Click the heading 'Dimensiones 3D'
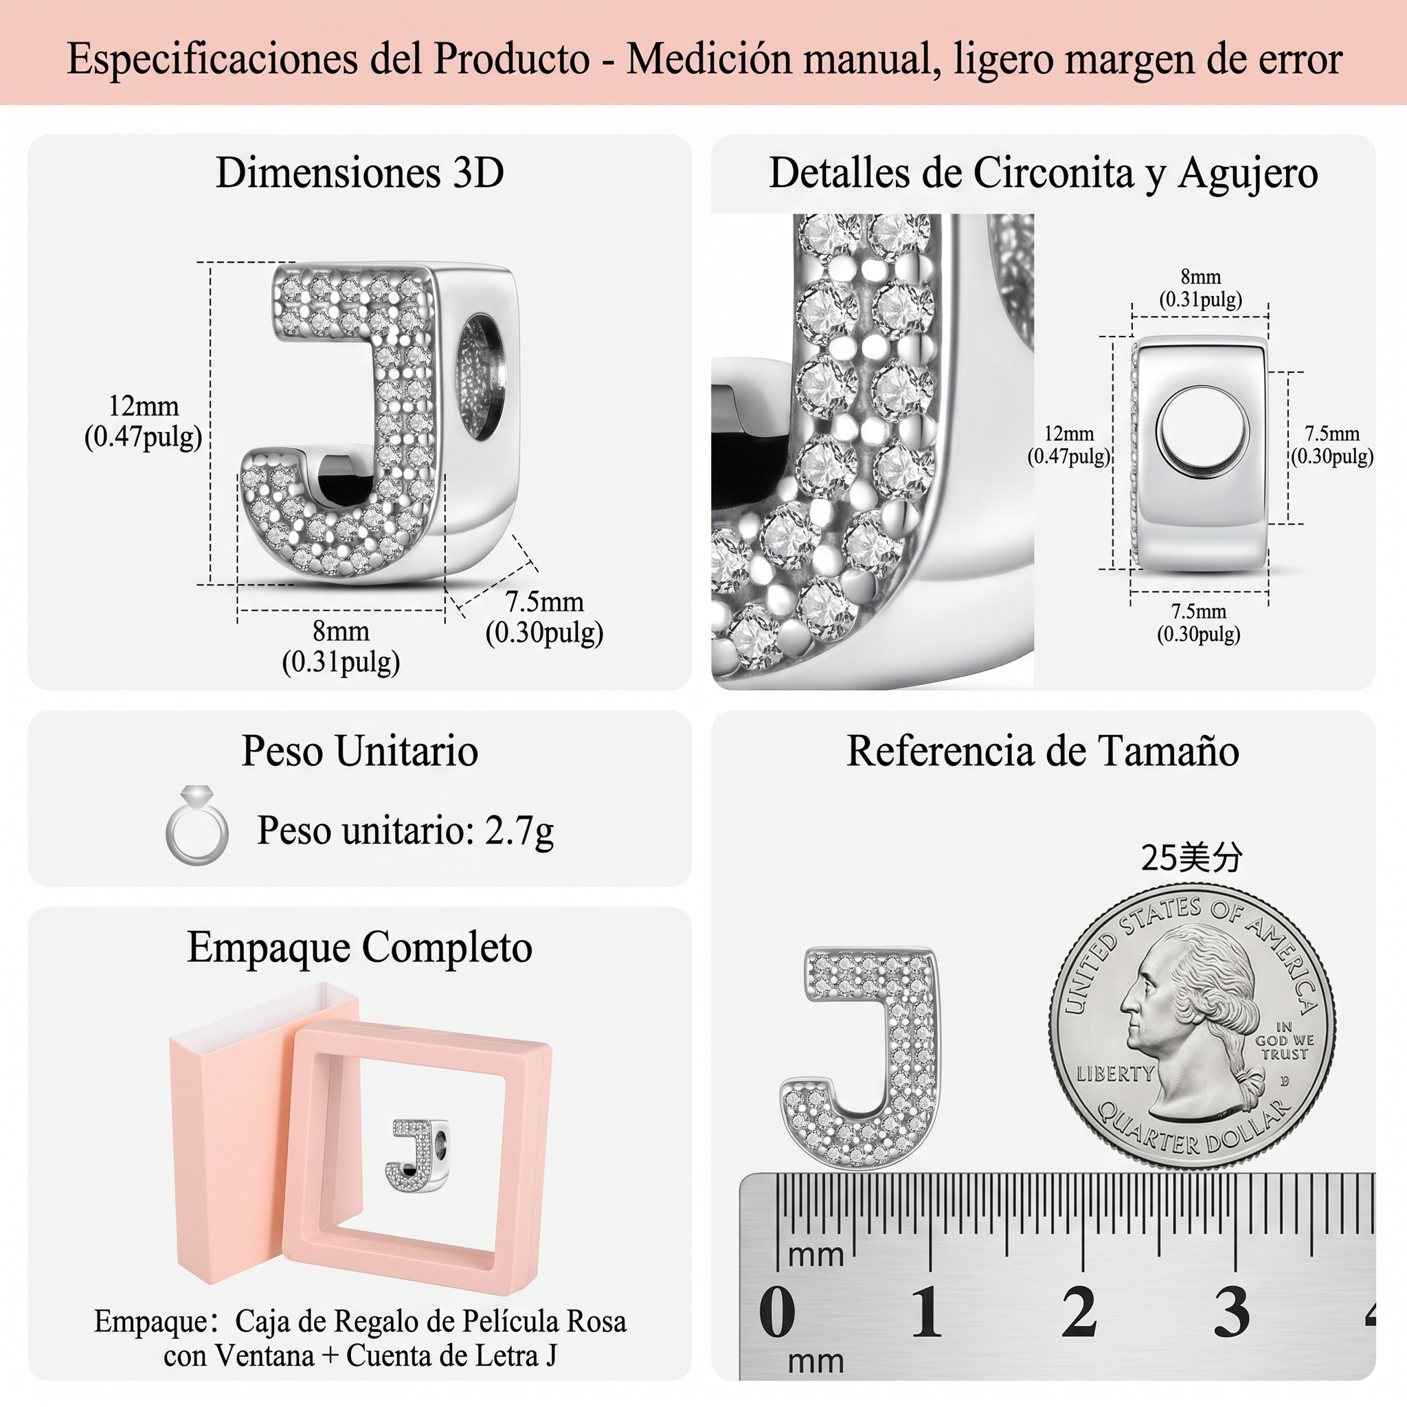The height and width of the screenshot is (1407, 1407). tap(360, 173)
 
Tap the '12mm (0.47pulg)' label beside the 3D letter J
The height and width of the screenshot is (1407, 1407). tap(144, 422)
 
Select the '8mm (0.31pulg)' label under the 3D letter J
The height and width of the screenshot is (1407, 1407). tap(341, 646)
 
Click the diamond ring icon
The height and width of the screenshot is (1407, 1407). tap(196, 825)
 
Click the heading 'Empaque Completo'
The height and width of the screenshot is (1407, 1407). tap(360, 947)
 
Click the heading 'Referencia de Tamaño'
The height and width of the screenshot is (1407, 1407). tap(1043, 751)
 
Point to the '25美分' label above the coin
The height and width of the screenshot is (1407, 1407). tap(1191, 858)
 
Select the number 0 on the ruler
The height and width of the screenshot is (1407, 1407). tap(777, 1312)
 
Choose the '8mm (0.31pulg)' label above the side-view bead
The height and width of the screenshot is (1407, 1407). tap(1200, 289)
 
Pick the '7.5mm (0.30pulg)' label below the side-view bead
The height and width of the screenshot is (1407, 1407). tap(1199, 622)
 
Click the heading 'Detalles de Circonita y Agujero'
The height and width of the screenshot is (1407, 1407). tap(1044, 174)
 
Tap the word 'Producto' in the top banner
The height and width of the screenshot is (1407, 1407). tap(512, 58)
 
